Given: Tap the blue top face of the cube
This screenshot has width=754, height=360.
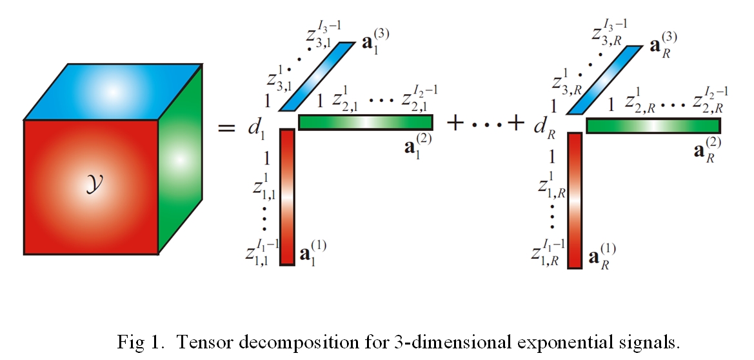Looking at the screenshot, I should [x=114, y=92].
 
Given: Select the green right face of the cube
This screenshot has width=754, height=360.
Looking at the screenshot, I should [x=180, y=158].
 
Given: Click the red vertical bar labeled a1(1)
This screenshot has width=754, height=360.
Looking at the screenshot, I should [x=288, y=197].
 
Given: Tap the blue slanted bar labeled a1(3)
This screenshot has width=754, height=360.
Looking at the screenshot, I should [x=317, y=77].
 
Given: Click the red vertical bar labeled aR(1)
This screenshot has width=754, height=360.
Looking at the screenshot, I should [x=575, y=201].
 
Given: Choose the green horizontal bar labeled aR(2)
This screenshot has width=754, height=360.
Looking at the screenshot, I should [x=653, y=125].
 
